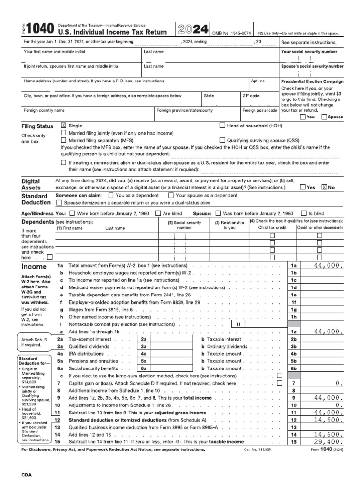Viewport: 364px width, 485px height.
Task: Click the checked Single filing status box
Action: point(64,126)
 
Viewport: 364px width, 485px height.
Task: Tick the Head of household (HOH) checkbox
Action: point(222,126)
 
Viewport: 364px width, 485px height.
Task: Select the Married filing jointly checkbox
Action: point(64,133)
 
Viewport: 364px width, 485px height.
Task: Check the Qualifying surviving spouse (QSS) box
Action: point(222,140)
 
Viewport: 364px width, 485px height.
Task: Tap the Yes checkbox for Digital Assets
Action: point(303,187)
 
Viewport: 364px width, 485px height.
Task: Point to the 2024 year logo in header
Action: point(191,29)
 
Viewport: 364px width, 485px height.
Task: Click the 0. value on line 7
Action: point(338,383)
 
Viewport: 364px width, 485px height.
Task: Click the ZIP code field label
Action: point(251,96)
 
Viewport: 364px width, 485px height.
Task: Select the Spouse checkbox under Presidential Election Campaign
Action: point(324,117)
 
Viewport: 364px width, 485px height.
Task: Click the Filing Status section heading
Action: point(37,127)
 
